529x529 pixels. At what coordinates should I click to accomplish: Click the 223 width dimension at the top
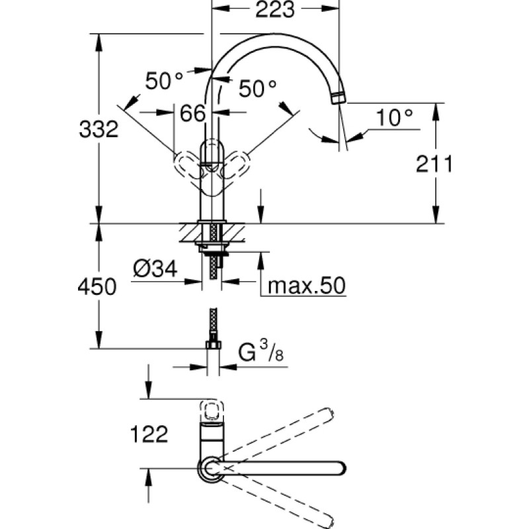275,9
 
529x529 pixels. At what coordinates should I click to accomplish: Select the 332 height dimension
99,129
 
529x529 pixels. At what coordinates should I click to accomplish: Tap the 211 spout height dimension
434,164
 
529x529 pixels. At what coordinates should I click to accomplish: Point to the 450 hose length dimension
97,287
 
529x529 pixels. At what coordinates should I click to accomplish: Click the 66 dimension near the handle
192,113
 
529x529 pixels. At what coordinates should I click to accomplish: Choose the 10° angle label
394,118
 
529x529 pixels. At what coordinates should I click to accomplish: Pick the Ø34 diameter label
155,269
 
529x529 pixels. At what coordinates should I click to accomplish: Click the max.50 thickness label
307,286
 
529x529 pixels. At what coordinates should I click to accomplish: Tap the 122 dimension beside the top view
149,434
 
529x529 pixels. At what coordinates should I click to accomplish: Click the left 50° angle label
164,81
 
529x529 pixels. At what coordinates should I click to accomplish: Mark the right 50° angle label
257,89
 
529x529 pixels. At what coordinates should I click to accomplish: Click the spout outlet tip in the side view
339,97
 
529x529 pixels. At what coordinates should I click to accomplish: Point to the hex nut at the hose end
213,345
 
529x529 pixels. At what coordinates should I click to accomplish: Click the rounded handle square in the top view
212,411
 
